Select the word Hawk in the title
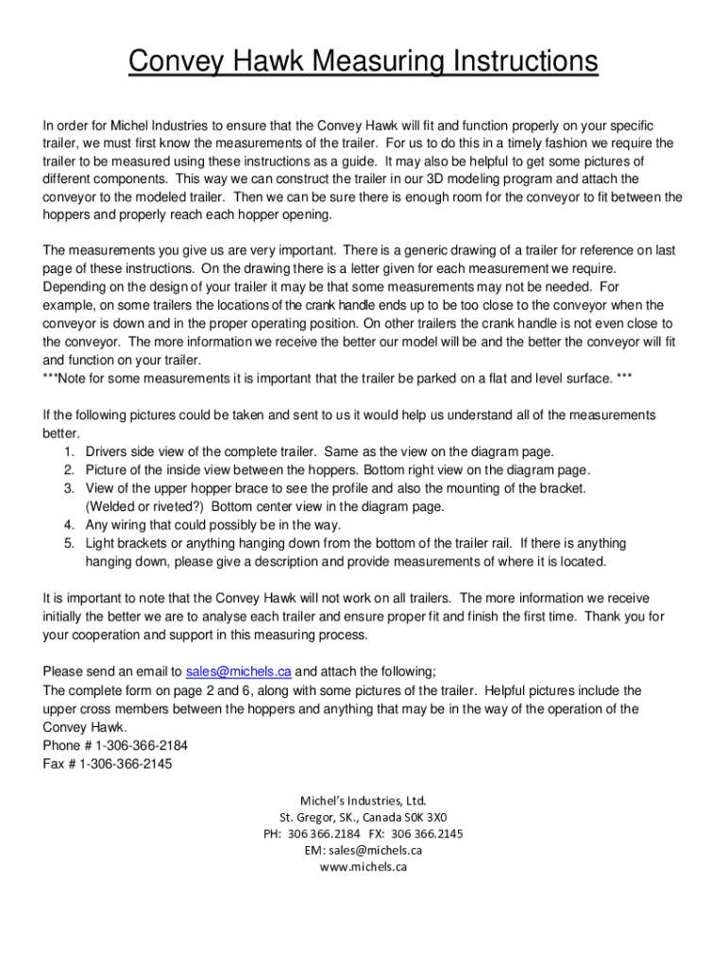[264, 63]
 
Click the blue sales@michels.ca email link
[238, 672]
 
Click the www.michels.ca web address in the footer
[363, 867]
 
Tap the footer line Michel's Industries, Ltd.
[363, 801]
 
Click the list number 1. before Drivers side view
[70, 452]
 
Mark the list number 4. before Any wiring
[70, 525]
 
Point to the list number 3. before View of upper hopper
[70, 488]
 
